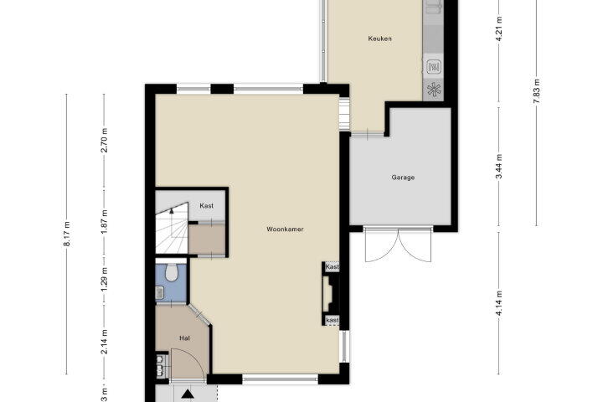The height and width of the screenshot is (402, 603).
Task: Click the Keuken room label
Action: [379, 39]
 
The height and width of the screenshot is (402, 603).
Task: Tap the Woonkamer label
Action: [285, 229]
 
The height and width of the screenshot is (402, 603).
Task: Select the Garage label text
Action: [403, 178]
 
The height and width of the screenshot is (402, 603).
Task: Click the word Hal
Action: [184, 338]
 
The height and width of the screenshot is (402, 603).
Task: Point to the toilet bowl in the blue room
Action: [171, 271]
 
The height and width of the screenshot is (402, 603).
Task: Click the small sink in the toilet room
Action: [160, 293]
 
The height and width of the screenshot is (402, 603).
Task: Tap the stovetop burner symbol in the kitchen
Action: [434, 90]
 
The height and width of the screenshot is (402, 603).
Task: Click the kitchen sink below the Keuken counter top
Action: [434, 67]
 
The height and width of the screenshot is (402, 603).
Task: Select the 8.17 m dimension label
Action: [67, 234]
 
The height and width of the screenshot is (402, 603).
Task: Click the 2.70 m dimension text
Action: [104, 140]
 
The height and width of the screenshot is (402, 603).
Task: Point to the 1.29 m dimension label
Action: [104, 279]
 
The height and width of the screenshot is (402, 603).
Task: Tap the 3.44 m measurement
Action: [499, 167]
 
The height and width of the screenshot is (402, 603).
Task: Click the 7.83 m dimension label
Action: [537, 91]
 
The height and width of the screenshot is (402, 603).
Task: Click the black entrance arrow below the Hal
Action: [188, 394]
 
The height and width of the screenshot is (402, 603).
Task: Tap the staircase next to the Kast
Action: [172, 229]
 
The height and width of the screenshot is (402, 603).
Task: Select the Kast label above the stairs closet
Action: [207, 206]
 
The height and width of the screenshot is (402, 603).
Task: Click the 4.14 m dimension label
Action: [499, 303]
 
